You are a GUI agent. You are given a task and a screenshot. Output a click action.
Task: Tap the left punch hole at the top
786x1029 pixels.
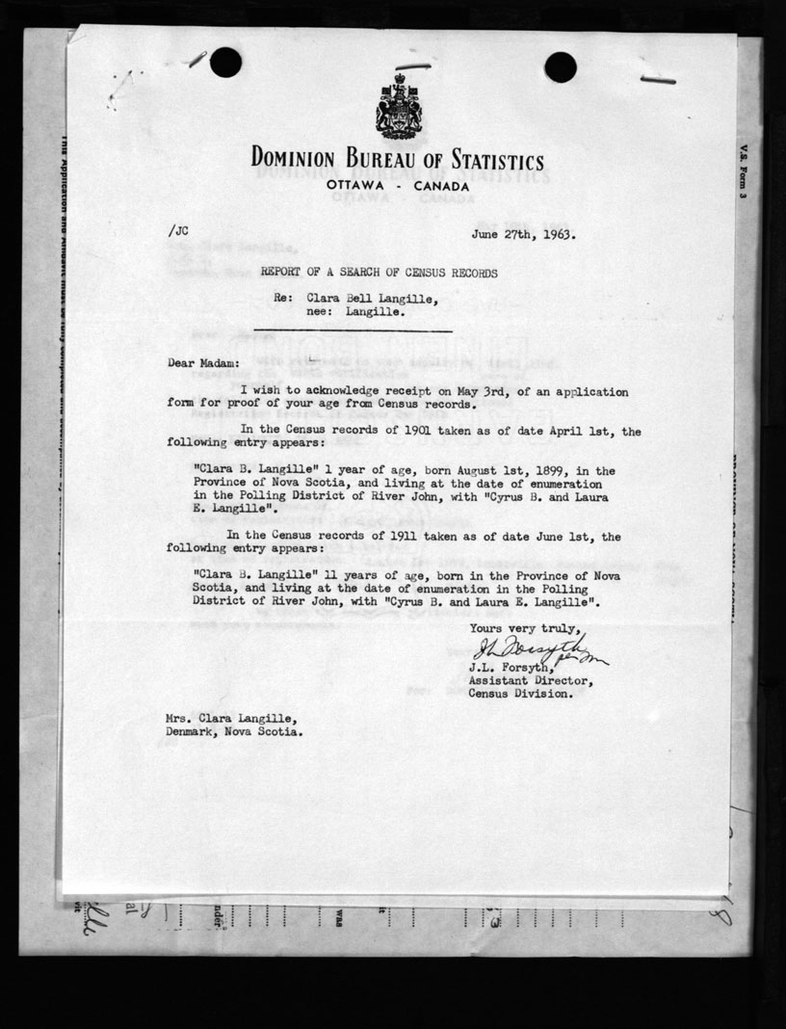225,63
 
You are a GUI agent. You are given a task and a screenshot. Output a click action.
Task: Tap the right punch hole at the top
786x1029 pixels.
560,66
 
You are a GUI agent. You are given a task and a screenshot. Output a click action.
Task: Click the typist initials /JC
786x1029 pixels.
178,230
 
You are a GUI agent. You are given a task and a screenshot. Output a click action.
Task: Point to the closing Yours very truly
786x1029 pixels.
525,627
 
